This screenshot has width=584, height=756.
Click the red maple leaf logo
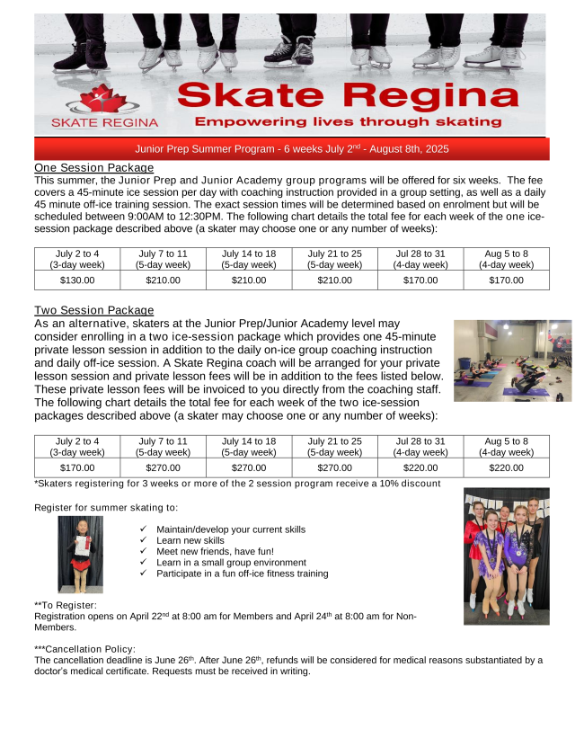click(x=104, y=99)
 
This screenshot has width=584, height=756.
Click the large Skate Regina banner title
click(x=348, y=94)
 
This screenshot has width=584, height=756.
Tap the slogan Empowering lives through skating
click(x=348, y=121)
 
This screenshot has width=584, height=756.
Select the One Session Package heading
click(x=93, y=168)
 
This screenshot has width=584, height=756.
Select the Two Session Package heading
click(x=93, y=311)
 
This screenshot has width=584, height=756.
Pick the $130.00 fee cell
click(x=78, y=280)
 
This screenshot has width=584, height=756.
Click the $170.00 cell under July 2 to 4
click(x=78, y=468)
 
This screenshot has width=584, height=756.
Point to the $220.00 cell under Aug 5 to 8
click(x=506, y=468)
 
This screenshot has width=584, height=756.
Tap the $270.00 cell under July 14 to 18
click(x=248, y=468)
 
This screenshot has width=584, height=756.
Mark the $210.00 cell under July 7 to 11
click(x=163, y=280)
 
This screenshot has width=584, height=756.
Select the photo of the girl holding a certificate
click(x=80, y=554)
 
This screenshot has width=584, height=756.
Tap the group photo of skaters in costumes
click(x=505, y=556)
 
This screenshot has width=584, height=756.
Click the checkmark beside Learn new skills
click(x=144, y=541)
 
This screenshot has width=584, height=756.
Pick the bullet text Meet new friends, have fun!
click(x=215, y=552)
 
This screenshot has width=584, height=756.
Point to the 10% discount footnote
click(x=237, y=484)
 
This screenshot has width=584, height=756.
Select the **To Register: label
click(x=65, y=605)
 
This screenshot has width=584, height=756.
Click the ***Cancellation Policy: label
click(x=84, y=649)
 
